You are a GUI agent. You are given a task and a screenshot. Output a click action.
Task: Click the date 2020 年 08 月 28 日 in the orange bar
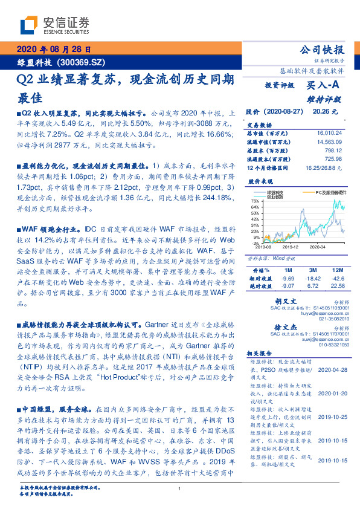pyautogui.click(x=53, y=50)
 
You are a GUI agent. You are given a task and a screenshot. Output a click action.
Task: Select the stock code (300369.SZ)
pyautogui.click(x=85, y=62)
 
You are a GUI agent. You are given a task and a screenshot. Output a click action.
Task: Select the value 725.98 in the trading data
pyautogui.click(x=334, y=158)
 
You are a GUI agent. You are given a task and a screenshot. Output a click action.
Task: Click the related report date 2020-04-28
pyautogui.click(x=332, y=368)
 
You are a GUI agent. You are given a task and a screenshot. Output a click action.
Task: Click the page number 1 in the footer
pyautogui.click(x=180, y=489)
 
